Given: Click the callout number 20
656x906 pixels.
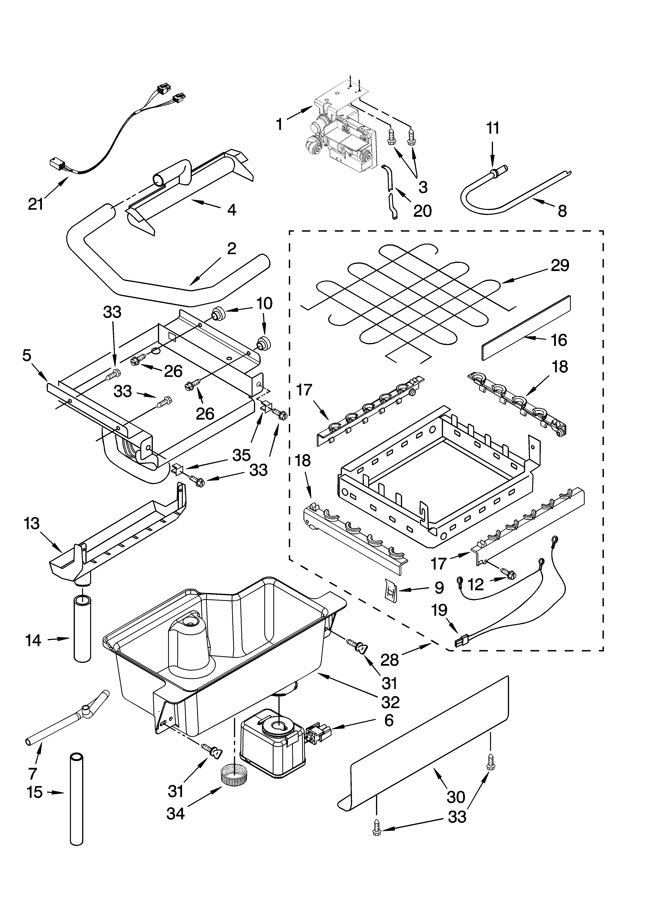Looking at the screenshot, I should (422, 210).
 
